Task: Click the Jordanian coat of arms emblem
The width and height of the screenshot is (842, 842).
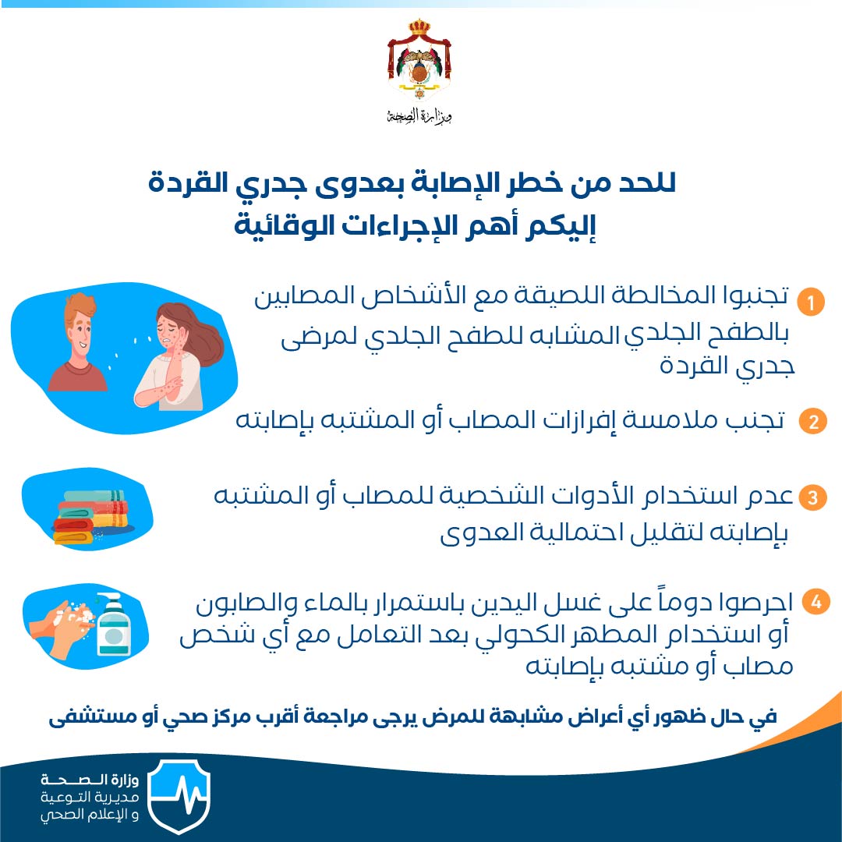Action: click(x=419, y=59)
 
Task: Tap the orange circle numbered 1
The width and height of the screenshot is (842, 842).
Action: click(x=810, y=302)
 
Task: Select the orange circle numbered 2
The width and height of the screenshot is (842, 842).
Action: click(x=812, y=421)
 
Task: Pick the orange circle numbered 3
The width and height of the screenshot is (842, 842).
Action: click(x=812, y=497)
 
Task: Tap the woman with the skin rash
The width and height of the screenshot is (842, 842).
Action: click(x=177, y=356)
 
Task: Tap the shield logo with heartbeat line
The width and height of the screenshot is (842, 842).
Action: click(x=179, y=795)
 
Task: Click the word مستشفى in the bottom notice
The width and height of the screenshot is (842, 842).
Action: click(x=84, y=717)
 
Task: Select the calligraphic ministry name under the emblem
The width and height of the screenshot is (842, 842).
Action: click(x=419, y=115)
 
